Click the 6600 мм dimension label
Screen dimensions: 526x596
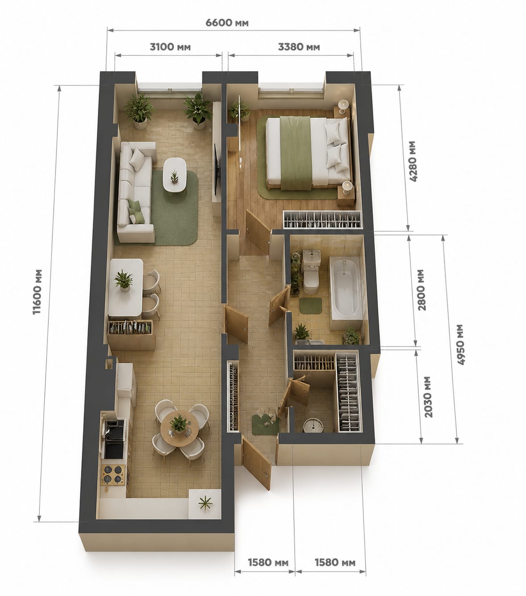point(227,23)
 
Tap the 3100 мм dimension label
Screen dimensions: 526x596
point(170,47)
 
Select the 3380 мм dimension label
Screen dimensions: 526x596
point(299,47)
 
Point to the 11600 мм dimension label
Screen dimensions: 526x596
point(38,292)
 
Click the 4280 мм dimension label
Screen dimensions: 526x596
point(413,161)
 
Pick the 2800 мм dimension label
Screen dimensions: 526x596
point(421,290)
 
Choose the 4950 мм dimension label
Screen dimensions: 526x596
point(461,345)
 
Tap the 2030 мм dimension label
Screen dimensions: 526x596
point(429,397)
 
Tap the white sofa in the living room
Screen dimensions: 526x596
point(136,191)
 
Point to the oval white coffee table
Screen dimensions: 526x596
point(175,175)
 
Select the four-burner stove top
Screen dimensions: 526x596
point(113,475)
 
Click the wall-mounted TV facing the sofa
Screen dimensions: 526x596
point(217,169)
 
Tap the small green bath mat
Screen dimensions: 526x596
point(311,305)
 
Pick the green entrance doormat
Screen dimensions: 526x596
point(265,424)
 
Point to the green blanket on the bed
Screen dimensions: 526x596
point(295,153)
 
